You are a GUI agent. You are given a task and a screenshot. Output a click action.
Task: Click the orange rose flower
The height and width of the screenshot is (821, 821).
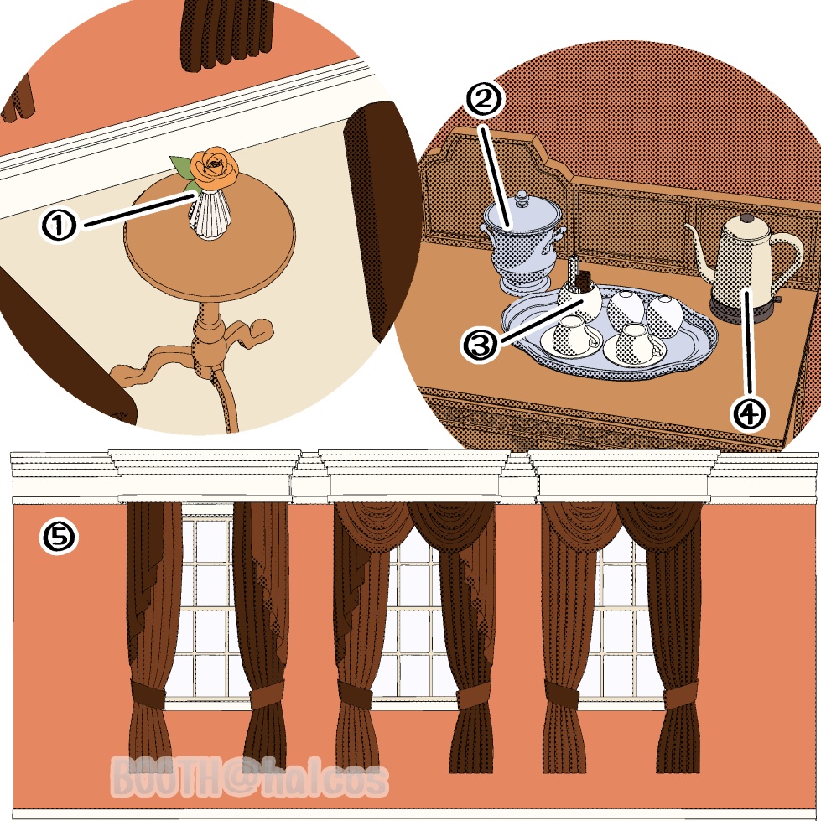point(215,168)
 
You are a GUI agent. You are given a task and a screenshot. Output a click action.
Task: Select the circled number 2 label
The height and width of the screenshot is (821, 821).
point(483,100)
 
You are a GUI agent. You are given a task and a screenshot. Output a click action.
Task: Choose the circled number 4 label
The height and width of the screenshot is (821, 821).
point(749,413)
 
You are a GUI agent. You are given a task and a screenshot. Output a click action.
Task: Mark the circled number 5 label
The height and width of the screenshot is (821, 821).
point(59,538)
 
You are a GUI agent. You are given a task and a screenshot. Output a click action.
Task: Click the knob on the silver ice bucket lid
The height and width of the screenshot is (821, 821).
point(522,198)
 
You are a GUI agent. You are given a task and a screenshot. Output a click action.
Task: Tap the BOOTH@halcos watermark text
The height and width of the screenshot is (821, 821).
point(250,777)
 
